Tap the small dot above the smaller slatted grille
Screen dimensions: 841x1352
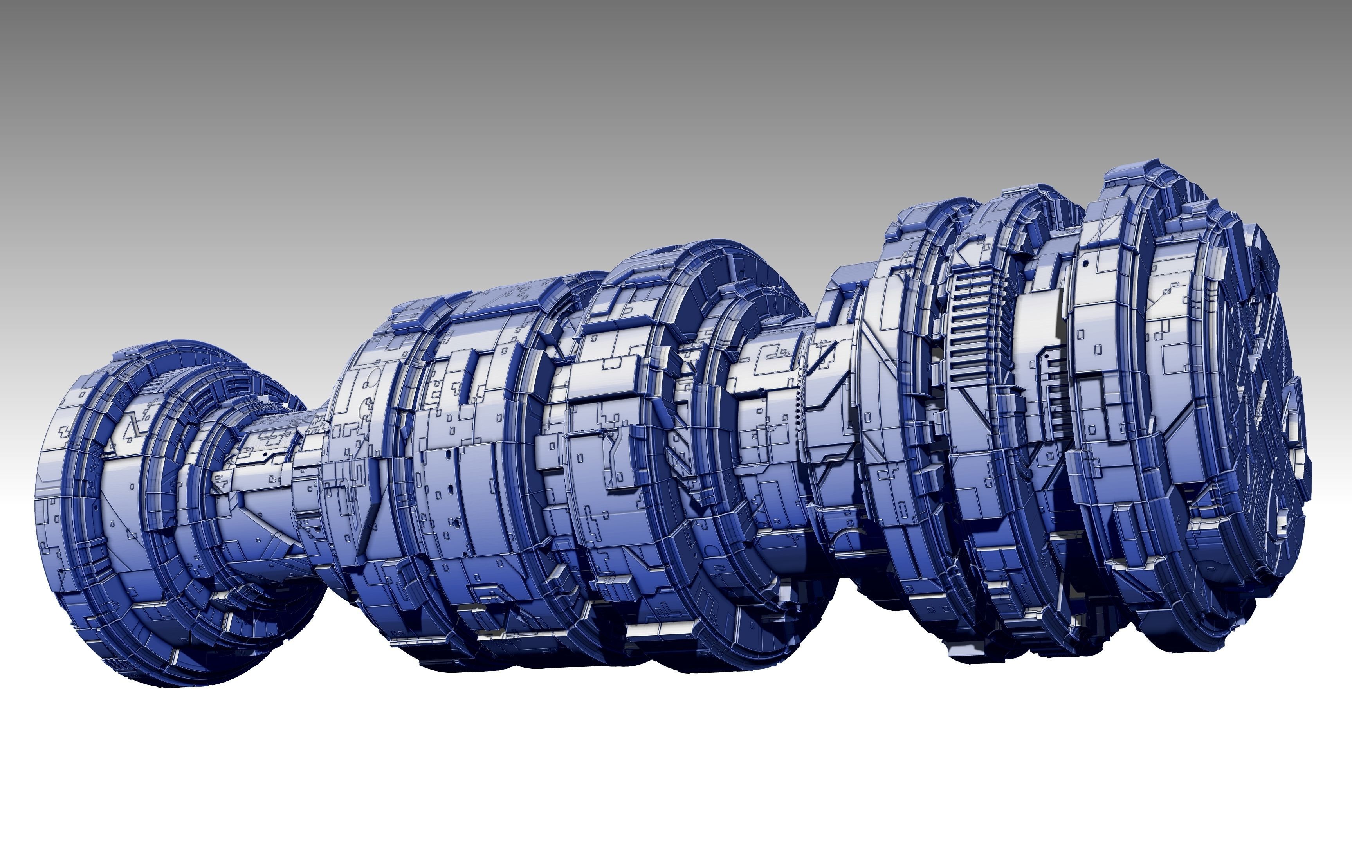pyautogui.click(x=1047, y=354)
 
